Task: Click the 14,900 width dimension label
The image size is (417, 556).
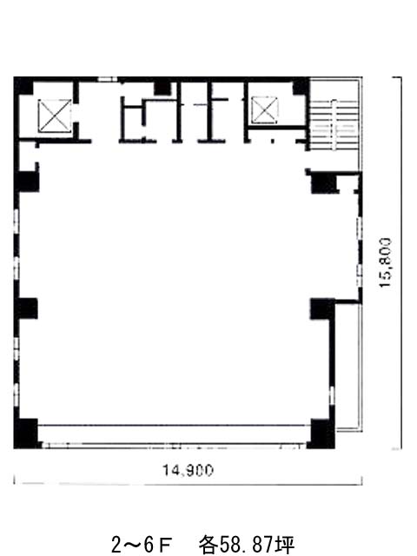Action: click(x=188, y=471)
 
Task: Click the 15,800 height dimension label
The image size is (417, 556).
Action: click(x=386, y=262)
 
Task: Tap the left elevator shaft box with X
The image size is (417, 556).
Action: click(x=54, y=116)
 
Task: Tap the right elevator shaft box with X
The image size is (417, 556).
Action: click(x=264, y=110)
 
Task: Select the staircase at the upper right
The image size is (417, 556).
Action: click(x=334, y=125)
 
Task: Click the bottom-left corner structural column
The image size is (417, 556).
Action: click(x=26, y=434)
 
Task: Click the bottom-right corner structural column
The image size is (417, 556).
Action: click(x=321, y=434)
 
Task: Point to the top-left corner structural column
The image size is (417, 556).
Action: click(x=23, y=86)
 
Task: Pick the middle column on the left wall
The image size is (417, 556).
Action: click(x=26, y=308)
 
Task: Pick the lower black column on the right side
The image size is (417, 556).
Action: click(x=322, y=308)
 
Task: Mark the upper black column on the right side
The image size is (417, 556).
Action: click(x=324, y=182)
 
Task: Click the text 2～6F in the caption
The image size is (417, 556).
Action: click(x=142, y=545)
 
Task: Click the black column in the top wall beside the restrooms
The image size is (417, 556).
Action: click(x=162, y=89)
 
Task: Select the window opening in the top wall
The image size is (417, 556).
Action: click(x=107, y=79)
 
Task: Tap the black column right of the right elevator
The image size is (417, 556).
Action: click(x=301, y=87)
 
